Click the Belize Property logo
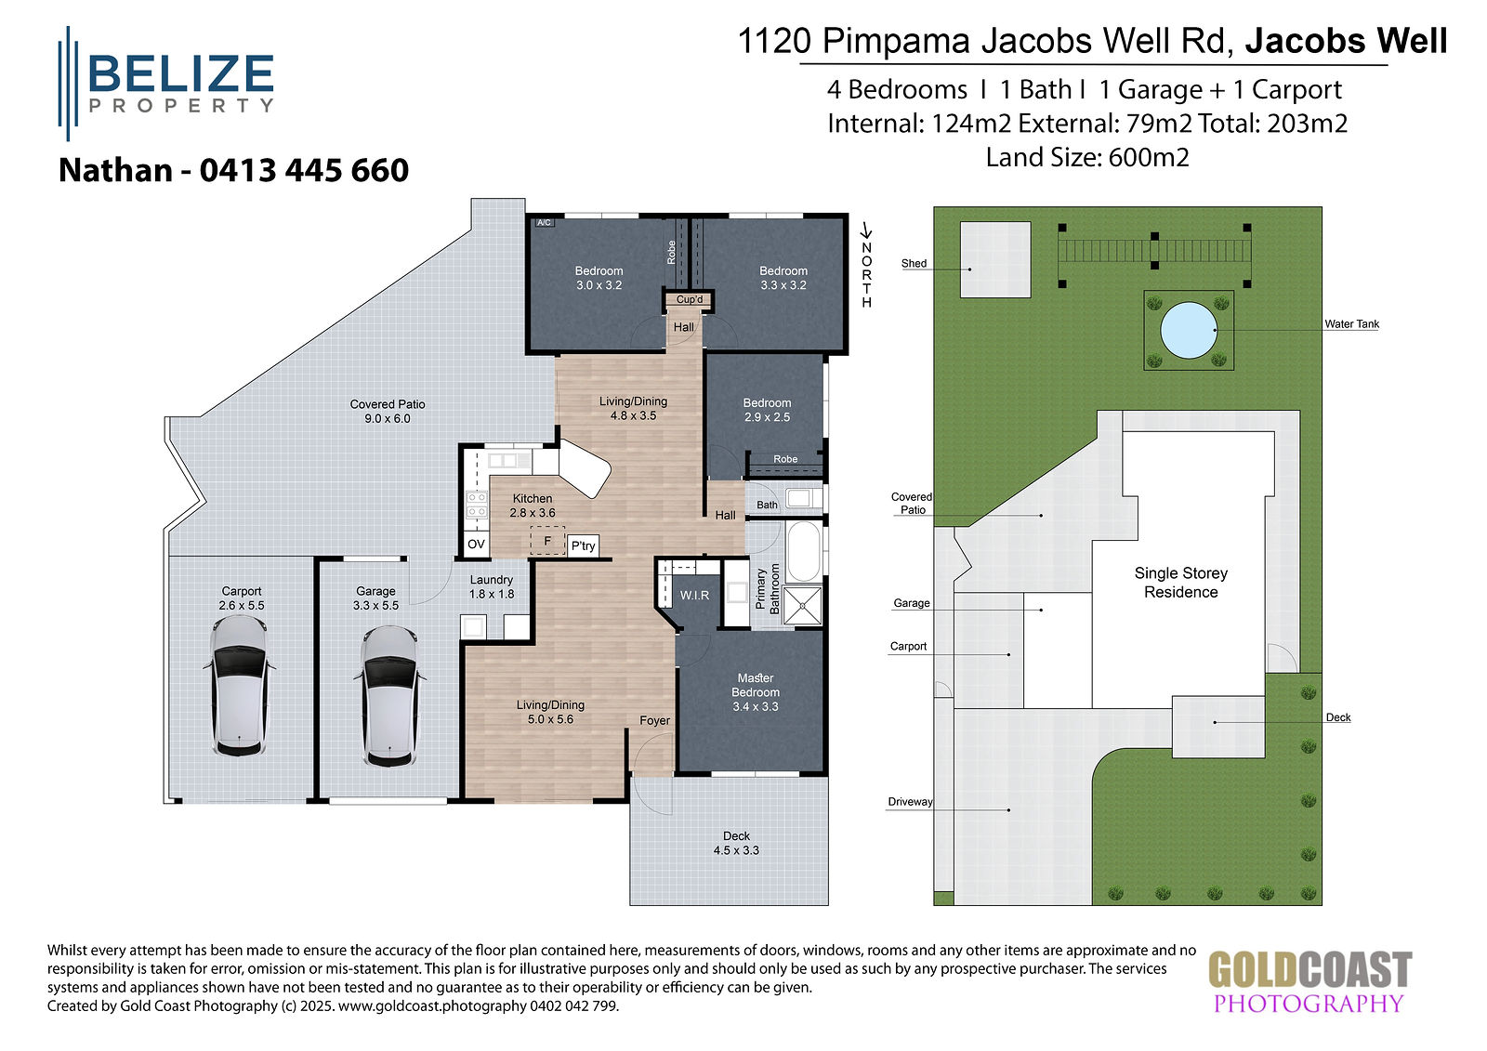[166, 84]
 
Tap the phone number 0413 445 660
[304, 171]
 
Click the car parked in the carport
[240, 686]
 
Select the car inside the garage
[389, 696]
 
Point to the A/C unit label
[545, 222]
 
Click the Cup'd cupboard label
[689, 299]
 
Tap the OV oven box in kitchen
[476, 545]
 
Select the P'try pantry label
[583, 545]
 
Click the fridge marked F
[547, 541]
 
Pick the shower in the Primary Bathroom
[803, 606]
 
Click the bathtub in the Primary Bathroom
[803, 552]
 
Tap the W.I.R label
[694, 596]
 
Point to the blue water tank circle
[1189, 330]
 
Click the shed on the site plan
[995, 259]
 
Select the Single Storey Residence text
[1181, 583]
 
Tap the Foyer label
[654, 720]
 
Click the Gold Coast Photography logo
[1309, 981]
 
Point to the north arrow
[865, 231]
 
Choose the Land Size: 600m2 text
[1087, 158]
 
